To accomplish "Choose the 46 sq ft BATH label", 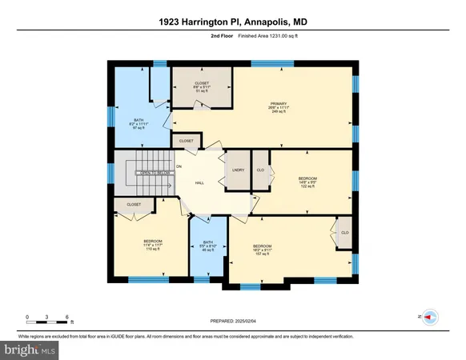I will pos(207,246).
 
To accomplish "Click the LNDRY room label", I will pos(238,170).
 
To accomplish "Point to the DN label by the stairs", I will pos(179,166).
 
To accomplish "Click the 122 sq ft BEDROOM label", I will pos(307,181).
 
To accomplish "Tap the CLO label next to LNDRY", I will pos(260,170).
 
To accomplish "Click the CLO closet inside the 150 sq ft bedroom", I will pos(344,232).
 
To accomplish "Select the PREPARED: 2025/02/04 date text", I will pos(232,321).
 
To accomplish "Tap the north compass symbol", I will pos(429,317).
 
